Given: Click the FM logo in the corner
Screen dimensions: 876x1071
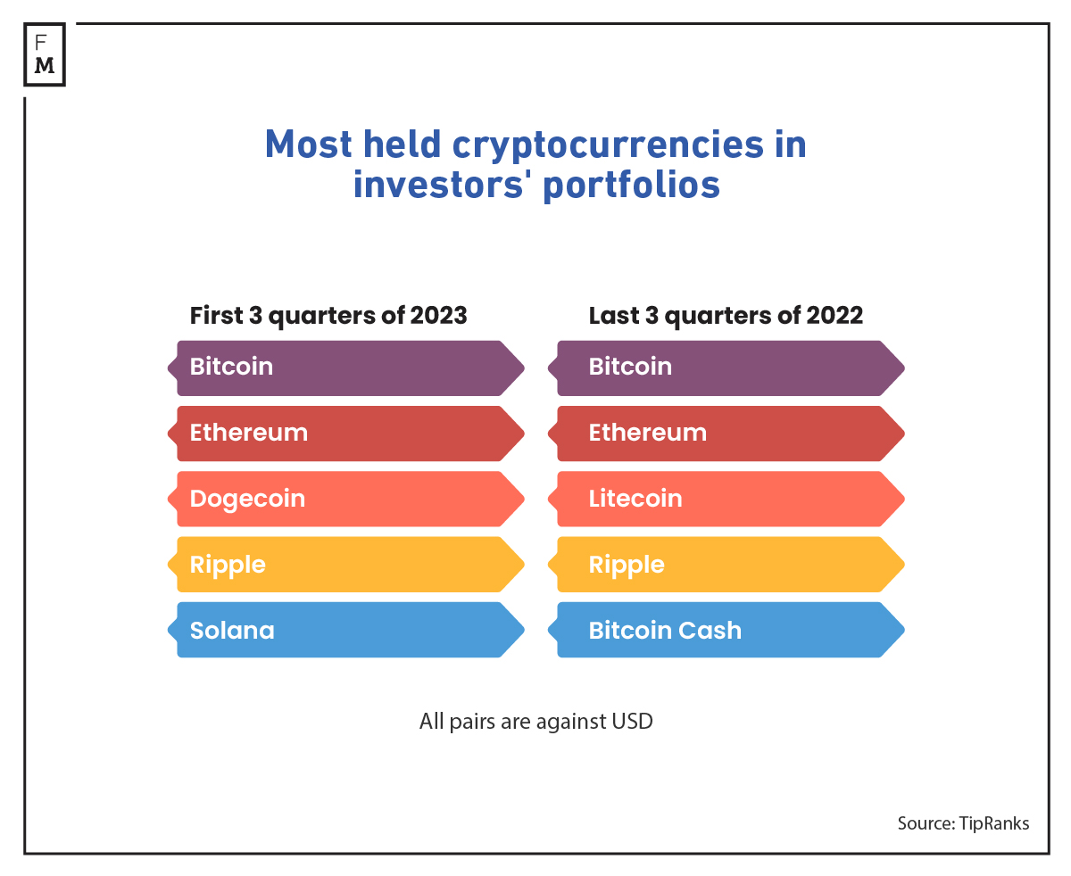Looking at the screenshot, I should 45,55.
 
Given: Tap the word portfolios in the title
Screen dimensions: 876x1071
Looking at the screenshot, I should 631,185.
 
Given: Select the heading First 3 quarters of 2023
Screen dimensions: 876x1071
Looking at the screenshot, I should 328,316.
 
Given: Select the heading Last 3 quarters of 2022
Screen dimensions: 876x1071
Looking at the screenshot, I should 726,316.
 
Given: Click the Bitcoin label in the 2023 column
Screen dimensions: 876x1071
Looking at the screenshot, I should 232,367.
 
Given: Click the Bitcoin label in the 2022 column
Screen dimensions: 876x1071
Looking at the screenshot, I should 630,367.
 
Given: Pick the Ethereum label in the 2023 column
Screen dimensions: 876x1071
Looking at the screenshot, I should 249,433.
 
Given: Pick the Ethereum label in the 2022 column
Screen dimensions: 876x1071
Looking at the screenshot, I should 648,433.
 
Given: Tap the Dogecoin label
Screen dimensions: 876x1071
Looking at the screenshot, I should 247,499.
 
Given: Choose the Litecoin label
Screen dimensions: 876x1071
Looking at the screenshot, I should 635,499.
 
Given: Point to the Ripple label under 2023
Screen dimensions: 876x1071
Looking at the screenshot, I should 228,565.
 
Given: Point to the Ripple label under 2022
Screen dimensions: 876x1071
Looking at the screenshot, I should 627,565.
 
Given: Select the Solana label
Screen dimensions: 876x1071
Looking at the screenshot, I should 232,631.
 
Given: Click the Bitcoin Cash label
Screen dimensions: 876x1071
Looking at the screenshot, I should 665,631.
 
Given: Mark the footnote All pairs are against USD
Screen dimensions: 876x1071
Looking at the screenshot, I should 535,721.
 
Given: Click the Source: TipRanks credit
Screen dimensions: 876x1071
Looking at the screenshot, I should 963,823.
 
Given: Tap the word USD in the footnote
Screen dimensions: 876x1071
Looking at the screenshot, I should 632,721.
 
